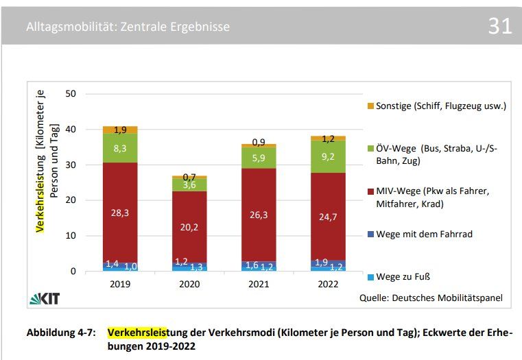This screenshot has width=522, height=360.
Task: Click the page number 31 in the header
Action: coord(500,26)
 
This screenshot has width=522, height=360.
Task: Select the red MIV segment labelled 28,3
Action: coord(121,213)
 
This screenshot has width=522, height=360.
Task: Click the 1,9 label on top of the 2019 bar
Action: coord(121,130)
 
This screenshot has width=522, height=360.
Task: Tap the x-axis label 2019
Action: coord(121,283)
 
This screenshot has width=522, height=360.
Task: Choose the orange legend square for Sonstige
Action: coord(370,106)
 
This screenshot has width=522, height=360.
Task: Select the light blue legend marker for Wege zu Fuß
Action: coord(370,276)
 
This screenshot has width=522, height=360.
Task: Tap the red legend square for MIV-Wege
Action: coord(370,191)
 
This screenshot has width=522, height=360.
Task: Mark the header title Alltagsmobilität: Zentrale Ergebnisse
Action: coord(128,27)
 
